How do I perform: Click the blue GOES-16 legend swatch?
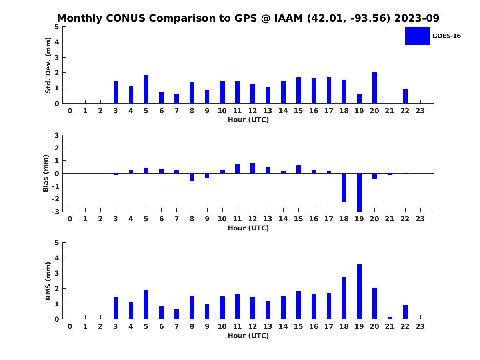[x=417, y=36]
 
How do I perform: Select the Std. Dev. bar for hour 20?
[x=374, y=88]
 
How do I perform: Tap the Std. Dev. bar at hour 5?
[x=146, y=89]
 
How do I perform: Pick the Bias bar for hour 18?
[x=344, y=188]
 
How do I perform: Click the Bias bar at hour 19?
[x=359, y=192]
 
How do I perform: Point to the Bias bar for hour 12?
[x=253, y=168]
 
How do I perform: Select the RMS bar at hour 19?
[x=359, y=292]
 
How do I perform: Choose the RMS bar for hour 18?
[x=344, y=298]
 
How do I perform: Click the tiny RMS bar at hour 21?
[x=390, y=318]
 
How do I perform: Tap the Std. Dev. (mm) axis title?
[x=48, y=65]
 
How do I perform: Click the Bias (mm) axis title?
[x=46, y=174]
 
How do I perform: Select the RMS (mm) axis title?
[x=48, y=281]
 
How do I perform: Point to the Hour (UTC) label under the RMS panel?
[x=248, y=336]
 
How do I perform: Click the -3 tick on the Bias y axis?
[x=56, y=212]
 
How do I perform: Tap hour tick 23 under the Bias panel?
[x=420, y=219]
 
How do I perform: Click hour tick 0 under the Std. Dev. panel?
[x=70, y=111]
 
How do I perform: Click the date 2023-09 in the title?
[x=417, y=18]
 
